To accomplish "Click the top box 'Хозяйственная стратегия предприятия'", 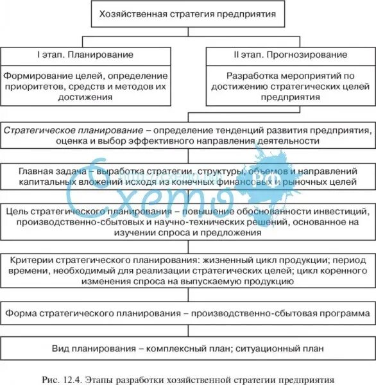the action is pos(188,13).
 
